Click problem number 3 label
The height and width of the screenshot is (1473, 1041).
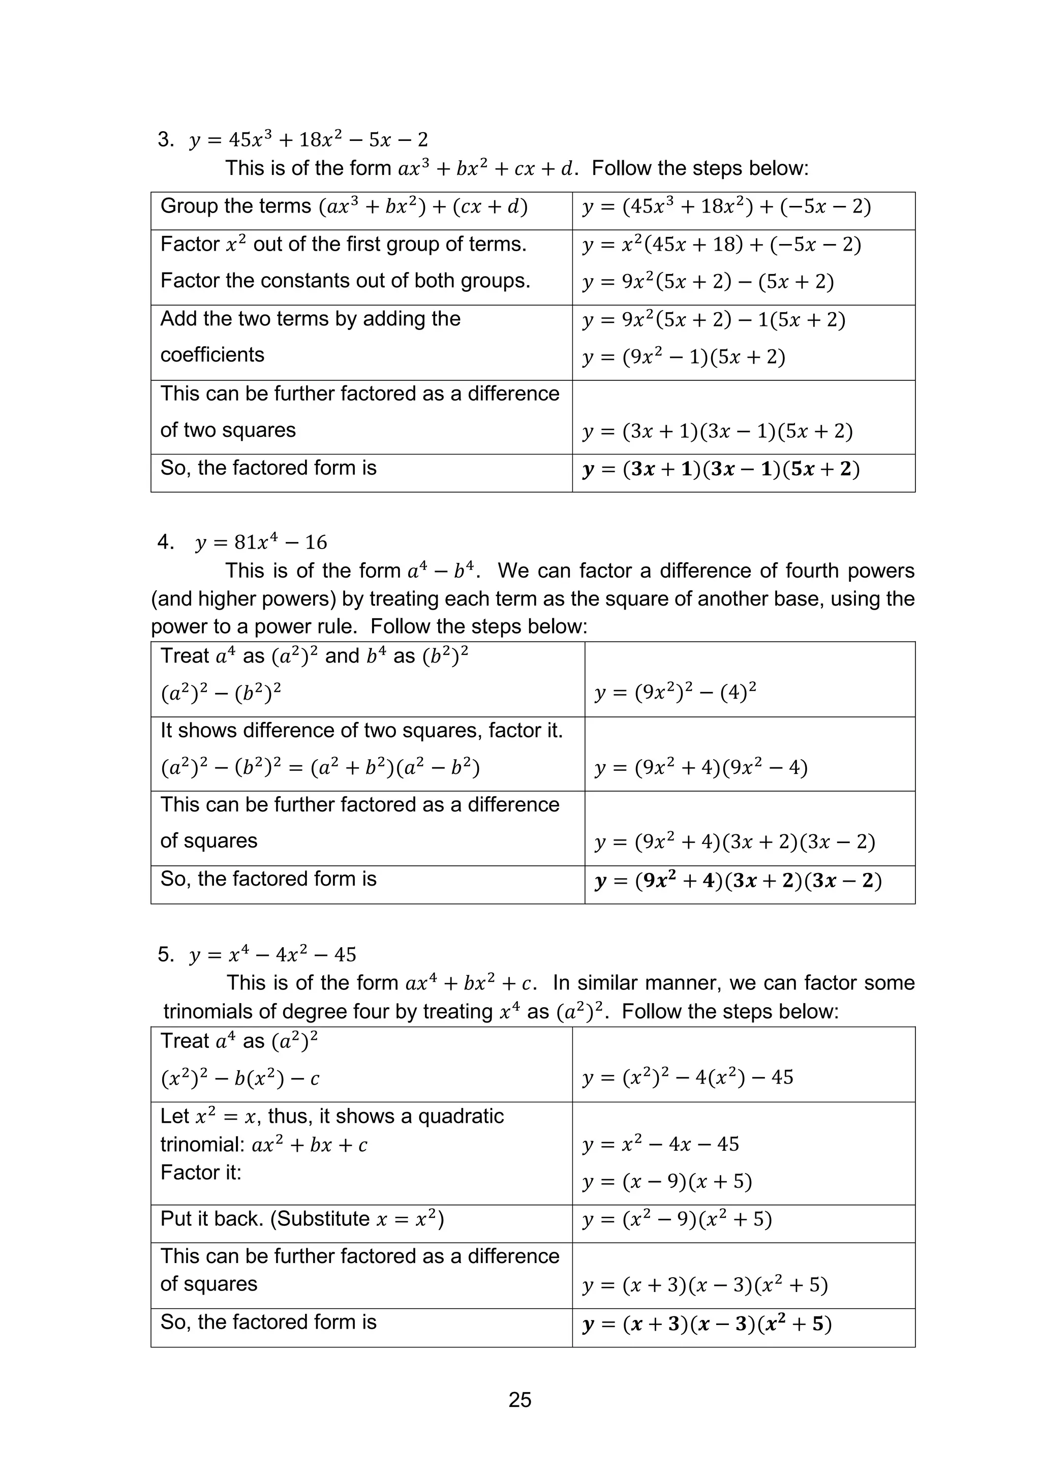(x=166, y=139)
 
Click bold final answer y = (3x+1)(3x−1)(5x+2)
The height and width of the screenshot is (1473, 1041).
(x=721, y=470)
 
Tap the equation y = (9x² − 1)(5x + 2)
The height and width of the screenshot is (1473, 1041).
(x=684, y=357)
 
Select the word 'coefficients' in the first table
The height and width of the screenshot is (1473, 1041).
(x=212, y=355)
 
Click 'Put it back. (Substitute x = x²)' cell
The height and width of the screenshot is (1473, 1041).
(x=302, y=1219)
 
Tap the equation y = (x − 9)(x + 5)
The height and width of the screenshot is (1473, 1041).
(x=667, y=1182)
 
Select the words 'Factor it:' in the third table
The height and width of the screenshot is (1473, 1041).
(x=201, y=1172)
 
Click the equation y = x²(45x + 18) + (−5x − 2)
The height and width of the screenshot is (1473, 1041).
(x=722, y=245)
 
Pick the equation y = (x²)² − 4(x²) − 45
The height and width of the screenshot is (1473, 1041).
(x=688, y=1077)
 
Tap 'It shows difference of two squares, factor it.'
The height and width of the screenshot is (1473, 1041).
(x=361, y=731)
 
